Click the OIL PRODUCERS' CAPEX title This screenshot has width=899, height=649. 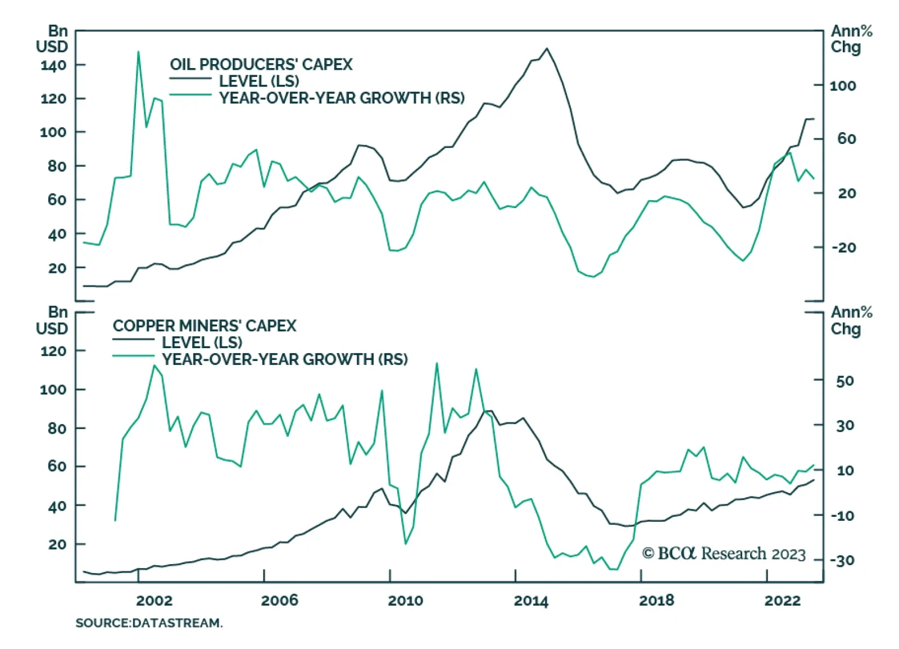pos(261,64)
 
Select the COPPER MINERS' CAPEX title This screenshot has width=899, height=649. pos(205,326)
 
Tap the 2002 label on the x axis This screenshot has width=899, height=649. pos(154,600)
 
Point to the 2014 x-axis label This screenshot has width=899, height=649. pos(530,600)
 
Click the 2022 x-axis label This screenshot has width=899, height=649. pos(782,600)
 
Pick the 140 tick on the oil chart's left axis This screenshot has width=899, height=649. pos(53,65)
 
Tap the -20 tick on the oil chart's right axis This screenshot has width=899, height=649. pos(843,247)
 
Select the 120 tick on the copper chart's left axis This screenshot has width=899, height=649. pos(53,351)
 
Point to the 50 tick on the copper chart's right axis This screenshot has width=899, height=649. pos(845,381)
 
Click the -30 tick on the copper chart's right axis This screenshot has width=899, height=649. pos(843,560)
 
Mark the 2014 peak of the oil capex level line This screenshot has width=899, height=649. pos(547,48)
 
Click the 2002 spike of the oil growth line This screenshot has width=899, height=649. pos(138,52)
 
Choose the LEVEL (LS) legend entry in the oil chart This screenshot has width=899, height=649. pos(259,81)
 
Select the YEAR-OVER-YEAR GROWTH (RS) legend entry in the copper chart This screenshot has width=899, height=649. pos(285,359)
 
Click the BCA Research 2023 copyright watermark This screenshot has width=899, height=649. pos(724,553)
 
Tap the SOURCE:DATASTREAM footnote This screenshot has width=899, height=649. pos(149,623)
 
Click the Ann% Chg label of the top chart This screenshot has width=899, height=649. pos(851,39)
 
